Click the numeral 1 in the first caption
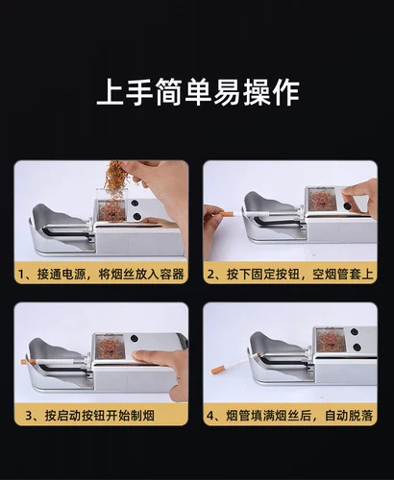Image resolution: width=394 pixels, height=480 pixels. click(x=21, y=274)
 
